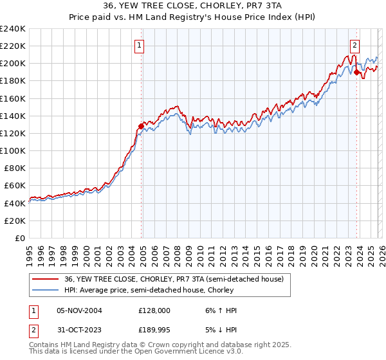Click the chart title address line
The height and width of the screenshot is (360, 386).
coord(193,6)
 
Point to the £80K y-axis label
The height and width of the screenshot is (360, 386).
coord(14,168)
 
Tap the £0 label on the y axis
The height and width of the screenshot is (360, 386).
coord(20,238)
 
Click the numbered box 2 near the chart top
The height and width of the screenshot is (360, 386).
coord(354,45)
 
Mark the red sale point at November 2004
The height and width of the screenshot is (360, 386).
coord(141,126)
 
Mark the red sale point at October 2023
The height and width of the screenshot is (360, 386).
coord(356,73)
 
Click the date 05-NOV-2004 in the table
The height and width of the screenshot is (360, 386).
coord(79,310)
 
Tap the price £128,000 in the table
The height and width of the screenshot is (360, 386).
coord(154,310)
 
